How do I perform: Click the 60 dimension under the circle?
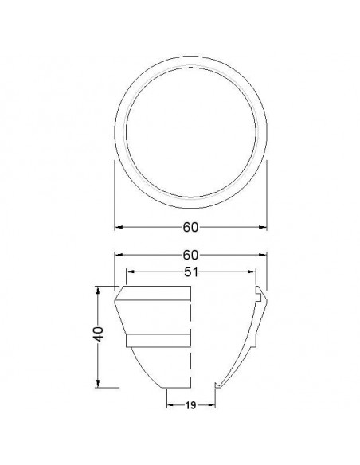pos(190,227)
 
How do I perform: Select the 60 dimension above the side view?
pos(190,256)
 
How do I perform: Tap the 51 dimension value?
pos(190,272)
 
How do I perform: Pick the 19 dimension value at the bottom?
pos(190,404)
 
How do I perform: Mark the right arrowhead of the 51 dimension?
pos(252,272)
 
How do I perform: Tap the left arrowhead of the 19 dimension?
pos(169,404)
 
